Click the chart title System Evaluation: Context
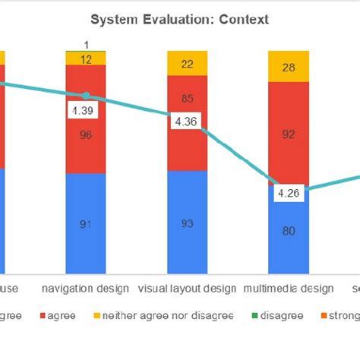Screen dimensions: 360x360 (x=179, y=20)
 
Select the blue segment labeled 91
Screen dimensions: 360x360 (x=85, y=224)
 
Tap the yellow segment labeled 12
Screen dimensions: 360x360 (x=85, y=58)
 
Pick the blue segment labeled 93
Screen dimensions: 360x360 (x=187, y=224)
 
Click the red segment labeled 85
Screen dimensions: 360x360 (x=187, y=97)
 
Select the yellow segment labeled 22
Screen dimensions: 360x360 (x=187, y=64)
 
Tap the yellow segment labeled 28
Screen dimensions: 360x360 (x=289, y=68)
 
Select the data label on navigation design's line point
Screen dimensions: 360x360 (x=83, y=111)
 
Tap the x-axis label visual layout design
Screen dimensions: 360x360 (x=187, y=289)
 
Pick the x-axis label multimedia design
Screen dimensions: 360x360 (x=289, y=289)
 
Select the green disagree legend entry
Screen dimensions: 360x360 (x=277, y=315)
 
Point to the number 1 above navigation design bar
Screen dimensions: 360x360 (x=86, y=44)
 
